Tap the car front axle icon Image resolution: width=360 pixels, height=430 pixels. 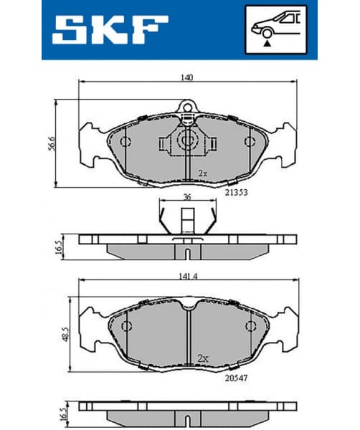276,29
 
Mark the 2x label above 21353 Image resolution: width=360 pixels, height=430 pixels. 203,173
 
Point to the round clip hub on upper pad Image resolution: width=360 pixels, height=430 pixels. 187,140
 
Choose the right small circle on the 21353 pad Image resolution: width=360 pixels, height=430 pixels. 250,140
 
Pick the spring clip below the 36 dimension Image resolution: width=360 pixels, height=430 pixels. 186,219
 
